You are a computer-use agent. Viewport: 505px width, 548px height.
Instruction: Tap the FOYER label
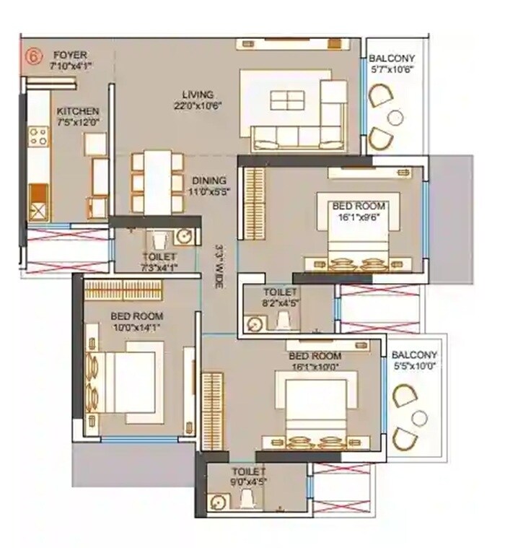70,55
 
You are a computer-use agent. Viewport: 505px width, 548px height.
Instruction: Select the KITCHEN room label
77,112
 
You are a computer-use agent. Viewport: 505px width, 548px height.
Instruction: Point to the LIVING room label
197,95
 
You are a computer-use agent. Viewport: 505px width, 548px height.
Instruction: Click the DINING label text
209,181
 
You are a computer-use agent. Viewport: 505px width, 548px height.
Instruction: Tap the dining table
157,181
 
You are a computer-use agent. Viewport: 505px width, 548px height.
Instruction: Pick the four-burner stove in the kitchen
38,136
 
